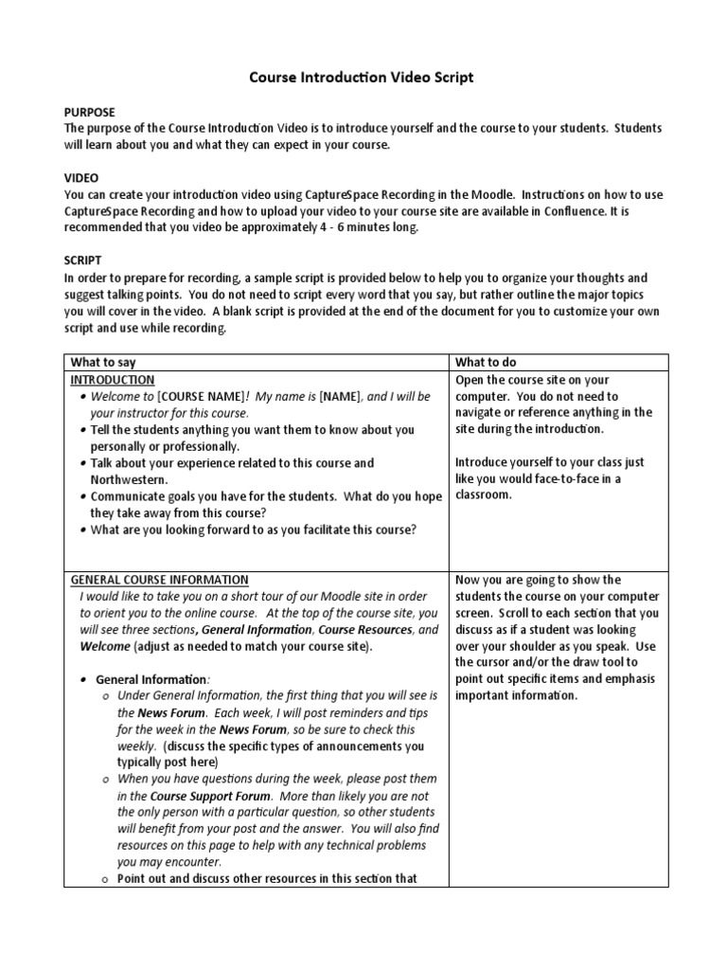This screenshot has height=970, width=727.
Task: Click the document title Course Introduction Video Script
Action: (x=363, y=78)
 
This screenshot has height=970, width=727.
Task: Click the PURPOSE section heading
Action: (x=91, y=112)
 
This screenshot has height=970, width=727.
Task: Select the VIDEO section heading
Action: (x=80, y=178)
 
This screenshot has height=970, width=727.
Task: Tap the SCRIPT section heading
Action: (x=83, y=260)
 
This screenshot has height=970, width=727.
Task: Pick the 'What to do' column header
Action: (x=486, y=363)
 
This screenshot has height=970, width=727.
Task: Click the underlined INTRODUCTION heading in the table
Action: (x=113, y=380)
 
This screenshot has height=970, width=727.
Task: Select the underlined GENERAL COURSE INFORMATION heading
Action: (x=160, y=580)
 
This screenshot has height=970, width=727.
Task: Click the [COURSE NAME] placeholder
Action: (x=200, y=397)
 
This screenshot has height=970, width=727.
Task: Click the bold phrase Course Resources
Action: (x=364, y=630)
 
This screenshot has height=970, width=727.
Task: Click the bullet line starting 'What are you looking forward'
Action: (x=253, y=530)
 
